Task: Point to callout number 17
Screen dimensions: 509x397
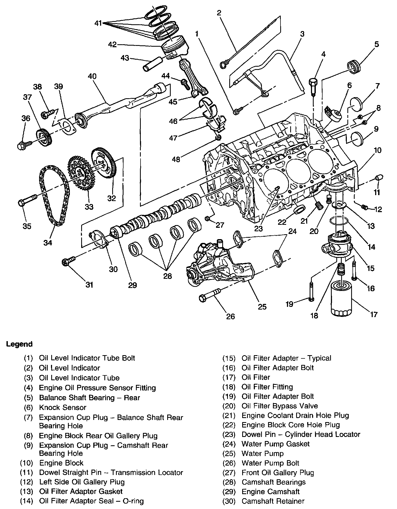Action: click(374, 314)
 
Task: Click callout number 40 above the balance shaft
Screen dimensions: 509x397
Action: click(92, 76)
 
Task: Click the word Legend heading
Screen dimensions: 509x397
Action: click(19, 344)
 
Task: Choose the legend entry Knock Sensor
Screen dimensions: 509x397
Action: click(63, 407)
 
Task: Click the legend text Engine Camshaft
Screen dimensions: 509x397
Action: click(271, 491)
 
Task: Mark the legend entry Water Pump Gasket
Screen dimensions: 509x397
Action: click(276, 444)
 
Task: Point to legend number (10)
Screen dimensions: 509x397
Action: click(26, 463)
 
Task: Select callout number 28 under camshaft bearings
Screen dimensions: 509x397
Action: click(167, 276)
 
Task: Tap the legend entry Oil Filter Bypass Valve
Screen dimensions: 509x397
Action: click(280, 406)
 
